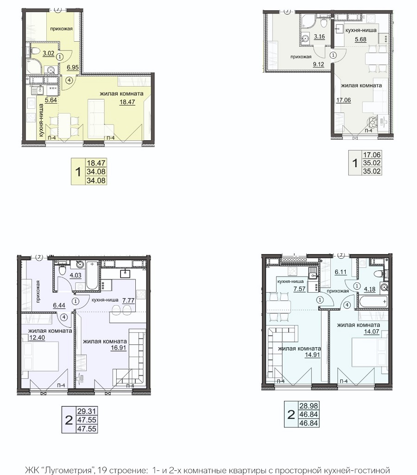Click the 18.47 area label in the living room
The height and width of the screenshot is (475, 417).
127,102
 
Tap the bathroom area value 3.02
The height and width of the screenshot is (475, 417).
49,54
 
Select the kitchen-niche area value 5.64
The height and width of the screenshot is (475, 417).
51,100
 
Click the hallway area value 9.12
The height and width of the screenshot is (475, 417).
318,64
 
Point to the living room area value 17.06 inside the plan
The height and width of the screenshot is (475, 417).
344,100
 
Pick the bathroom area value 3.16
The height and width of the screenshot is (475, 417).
319,37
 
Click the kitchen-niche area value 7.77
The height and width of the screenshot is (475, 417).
128,300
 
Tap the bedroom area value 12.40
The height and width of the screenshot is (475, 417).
38,337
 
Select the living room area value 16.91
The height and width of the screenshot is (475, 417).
118,348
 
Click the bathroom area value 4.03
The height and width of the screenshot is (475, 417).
76,275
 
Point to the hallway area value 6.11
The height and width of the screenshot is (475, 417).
341,272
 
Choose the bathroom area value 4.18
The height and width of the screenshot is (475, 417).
370,289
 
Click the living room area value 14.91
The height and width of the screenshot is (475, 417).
312,355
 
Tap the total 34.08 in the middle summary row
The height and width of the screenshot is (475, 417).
96,172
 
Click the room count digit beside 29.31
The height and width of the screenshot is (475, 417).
69,420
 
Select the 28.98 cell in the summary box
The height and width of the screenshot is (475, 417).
309,406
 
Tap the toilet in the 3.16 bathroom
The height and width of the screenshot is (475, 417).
324,22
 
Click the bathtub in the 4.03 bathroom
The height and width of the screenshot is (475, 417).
91,275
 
